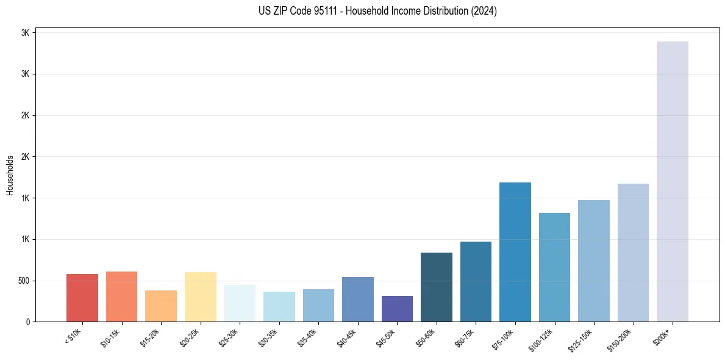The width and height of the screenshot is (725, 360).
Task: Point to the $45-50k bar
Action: pyautogui.click(x=397, y=309)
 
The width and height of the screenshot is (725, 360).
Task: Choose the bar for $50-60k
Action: pyautogui.click(x=437, y=287)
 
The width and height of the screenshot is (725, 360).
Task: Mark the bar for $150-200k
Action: pyautogui.click(x=633, y=253)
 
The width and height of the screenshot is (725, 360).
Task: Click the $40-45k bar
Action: pyautogui.click(x=358, y=299)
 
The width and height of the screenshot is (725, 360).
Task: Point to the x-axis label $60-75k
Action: pyautogui.click(x=465, y=337)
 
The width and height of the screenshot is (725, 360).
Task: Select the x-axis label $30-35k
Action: pyautogui.click(x=268, y=337)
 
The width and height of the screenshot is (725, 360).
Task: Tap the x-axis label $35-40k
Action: pyautogui.click(x=307, y=337)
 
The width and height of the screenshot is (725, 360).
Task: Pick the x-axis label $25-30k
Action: pyautogui.click(x=229, y=337)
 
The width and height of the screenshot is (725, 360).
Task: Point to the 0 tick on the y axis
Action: pyautogui.click(x=27, y=322)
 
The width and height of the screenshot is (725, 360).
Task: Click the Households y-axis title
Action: pyautogui.click(x=10, y=175)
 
